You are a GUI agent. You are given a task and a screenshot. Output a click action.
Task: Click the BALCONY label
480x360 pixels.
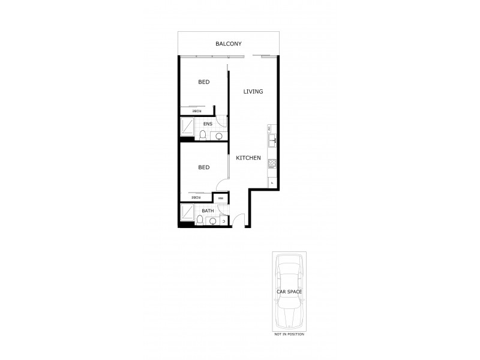pos(228,44)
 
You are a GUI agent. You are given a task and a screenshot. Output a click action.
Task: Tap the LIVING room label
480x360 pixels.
pos(253,92)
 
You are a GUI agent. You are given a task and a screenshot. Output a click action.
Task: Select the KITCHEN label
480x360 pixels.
pos(248,158)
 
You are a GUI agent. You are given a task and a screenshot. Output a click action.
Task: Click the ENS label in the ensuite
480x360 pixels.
pos(208,124)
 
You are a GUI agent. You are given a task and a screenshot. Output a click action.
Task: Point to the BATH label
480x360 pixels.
pos(207,211)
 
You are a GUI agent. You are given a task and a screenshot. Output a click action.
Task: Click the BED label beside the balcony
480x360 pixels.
pos(204,82)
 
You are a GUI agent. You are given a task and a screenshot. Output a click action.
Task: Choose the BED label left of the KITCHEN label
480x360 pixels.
pos(204,167)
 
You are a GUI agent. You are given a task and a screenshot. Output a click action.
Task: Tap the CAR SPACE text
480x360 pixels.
pos(288,292)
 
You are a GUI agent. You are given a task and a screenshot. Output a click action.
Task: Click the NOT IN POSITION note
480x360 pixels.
pos(288,334)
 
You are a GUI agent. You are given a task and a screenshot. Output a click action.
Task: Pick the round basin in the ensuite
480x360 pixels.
pos(218,136)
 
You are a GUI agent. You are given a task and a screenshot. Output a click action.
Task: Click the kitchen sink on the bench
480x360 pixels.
pos(272,141)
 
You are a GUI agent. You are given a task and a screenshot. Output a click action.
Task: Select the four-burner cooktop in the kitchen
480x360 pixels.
pos(272,163)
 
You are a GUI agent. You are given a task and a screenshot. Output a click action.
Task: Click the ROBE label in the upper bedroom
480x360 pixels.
pos(196,111)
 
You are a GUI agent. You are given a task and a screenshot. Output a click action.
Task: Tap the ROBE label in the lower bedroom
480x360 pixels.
pos(196,197)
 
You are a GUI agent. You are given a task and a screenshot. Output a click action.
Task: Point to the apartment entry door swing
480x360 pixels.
pos(239,220)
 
